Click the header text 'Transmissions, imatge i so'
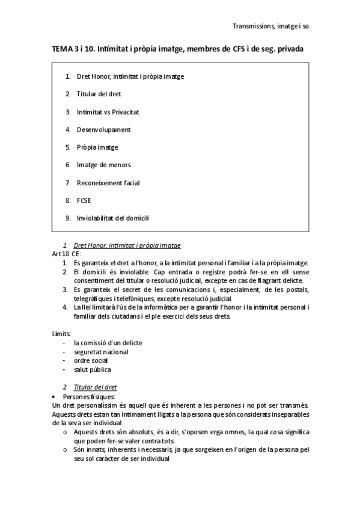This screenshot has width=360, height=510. click(270, 26)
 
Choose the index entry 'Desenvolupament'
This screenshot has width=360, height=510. click(103, 129)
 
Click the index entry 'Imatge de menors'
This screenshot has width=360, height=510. click(103, 165)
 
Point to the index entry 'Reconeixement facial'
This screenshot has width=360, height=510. click(109, 182)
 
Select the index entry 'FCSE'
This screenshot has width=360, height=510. click(84, 200)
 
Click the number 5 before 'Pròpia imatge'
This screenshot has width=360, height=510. click(68, 147)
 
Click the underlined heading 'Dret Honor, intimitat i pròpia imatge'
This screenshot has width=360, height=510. click(126, 245)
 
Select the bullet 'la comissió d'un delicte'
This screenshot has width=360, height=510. click(108, 343)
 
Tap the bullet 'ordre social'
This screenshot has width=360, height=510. click(91, 361)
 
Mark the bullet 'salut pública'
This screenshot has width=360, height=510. click(93, 369)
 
